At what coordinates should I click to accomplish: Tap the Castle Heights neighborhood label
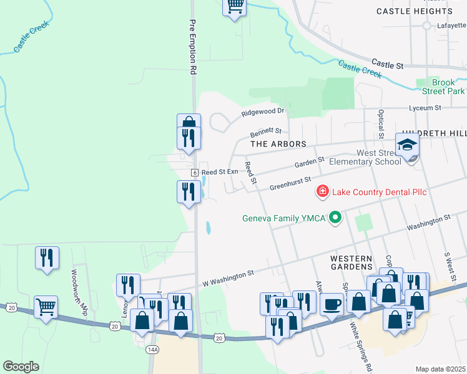pos(414,11)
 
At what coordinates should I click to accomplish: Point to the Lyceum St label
pos(424,108)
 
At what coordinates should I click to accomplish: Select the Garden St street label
pos(309,164)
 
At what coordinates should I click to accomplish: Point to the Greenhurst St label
pos(290,183)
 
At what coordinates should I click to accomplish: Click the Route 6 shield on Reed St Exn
pos(195,172)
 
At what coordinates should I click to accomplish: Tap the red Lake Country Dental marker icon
pos(323,191)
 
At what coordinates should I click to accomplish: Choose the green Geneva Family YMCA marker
pos(336,218)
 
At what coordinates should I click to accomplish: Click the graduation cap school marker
pos(408,145)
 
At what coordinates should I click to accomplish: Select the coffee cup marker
pos(332,304)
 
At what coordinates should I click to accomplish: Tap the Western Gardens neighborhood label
pos(351,262)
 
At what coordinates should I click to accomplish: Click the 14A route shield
pos(152,350)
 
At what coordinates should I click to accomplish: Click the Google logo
pos(21,367)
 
